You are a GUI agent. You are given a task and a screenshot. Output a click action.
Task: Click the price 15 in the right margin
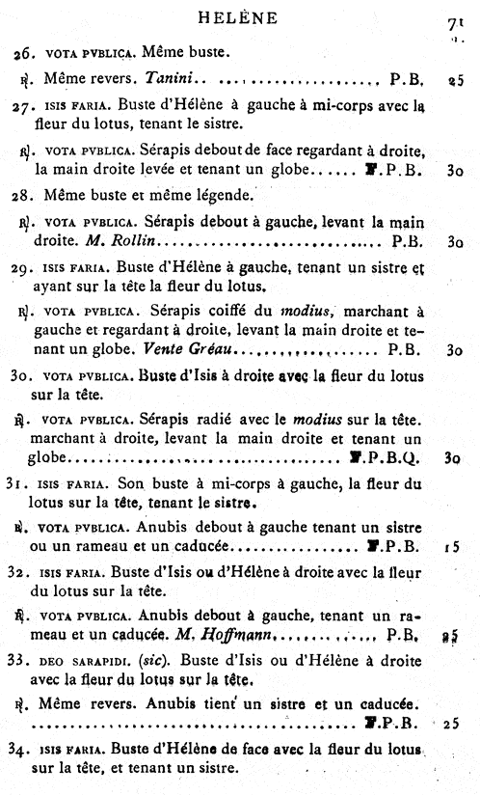(451, 546)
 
